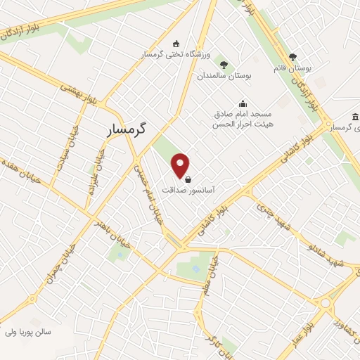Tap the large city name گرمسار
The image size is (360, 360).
[129, 129]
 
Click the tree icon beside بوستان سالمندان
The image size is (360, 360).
[224, 63]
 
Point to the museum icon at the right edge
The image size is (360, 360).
[355, 116]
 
